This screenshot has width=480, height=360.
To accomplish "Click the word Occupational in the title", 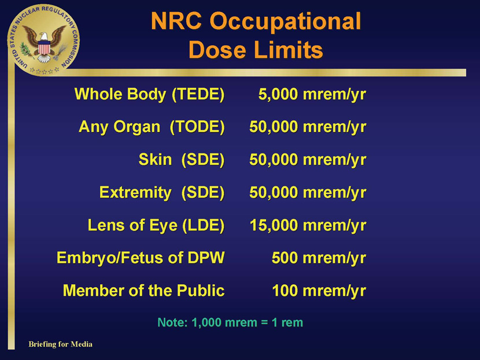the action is (x=285, y=21).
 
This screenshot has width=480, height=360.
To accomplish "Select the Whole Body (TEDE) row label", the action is (x=149, y=94).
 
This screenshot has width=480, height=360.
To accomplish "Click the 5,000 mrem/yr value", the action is (x=312, y=94).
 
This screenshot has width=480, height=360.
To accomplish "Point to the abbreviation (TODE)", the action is (x=197, y=127).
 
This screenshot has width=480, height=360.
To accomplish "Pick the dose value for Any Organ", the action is (x=308, y=127).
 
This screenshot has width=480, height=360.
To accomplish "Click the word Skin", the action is (x=155, y=160).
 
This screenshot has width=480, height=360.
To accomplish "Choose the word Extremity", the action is (x=135, y=193).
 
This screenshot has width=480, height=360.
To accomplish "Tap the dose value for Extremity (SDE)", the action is (x=308, y=193).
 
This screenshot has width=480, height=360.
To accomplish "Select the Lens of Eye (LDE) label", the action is (x=156, y=225).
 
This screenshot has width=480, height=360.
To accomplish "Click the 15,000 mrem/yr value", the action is (x=308, y=226).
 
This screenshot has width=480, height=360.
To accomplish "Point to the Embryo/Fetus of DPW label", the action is (x=141, y=258).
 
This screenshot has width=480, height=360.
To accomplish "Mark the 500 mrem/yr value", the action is (x=319, y=258).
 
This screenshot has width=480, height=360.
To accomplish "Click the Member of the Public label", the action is (x=143, y=291).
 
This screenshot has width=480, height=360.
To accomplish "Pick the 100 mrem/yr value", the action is (x=319, y=291).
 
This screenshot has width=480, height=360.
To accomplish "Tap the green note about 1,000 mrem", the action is (x=230, y=322).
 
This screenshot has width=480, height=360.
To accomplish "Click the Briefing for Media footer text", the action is (x=60, y=344).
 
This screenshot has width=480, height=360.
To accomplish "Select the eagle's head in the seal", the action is (x=44, y=36).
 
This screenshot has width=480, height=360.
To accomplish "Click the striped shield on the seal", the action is (x=44, y=48).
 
